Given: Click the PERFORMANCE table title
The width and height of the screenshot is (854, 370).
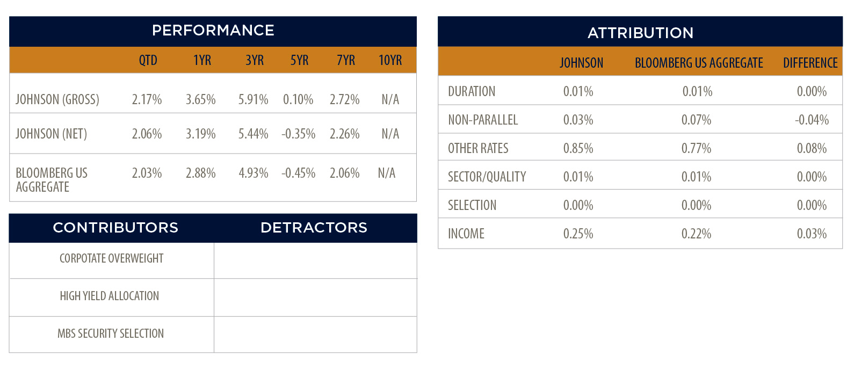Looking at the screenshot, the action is [213, 31].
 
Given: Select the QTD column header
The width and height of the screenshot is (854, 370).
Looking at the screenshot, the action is [148, 60].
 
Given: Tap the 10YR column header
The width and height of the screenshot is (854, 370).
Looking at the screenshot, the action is [390, 60].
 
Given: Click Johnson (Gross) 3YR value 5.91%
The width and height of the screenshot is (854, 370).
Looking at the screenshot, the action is [254, 99].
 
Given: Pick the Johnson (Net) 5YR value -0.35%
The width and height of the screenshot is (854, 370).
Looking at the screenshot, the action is [299, 134].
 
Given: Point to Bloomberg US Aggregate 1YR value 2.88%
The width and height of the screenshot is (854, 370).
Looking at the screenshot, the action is [201, 173].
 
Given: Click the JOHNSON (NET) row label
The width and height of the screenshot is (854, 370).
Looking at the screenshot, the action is [52, 134].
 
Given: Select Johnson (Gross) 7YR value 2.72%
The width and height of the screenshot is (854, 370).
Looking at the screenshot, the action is [345, 99].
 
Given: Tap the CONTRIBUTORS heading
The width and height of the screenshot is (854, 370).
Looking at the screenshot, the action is [115, 228].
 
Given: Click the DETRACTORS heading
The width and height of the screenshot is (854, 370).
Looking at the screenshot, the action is [314, 228].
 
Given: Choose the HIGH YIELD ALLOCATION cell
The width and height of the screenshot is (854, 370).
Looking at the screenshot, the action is [110, 296].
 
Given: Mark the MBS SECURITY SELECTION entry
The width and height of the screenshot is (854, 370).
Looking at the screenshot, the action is [111, 333].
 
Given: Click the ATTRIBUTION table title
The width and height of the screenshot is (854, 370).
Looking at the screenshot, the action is [640, 33].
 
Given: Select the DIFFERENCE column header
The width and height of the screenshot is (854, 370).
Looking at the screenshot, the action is [810, 63].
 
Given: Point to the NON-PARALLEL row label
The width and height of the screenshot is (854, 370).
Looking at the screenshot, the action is [483, 120].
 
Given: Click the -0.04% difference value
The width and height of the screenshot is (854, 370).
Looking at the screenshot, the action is [812, 120].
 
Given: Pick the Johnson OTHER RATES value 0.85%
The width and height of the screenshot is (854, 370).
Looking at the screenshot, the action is [578, 148].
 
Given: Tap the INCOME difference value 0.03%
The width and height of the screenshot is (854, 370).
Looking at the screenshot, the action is [812, 234].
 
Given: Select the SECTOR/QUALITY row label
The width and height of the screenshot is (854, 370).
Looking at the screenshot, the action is [487, 177].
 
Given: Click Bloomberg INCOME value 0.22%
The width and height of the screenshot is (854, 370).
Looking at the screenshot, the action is [697, 234].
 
